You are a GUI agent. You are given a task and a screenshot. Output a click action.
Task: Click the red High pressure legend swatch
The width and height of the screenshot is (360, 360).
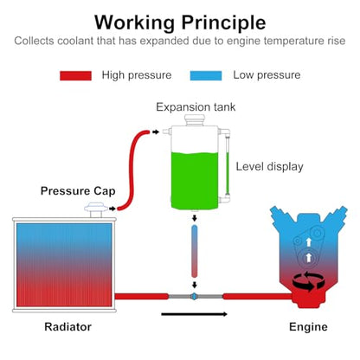pos(75,75)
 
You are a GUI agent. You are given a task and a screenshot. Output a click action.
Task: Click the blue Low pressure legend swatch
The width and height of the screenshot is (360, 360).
pos(206,75)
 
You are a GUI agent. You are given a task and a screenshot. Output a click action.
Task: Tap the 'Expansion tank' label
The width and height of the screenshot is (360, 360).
pos(196,107)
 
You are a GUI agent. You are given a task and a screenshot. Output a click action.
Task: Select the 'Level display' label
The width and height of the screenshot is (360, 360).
pos(270,167)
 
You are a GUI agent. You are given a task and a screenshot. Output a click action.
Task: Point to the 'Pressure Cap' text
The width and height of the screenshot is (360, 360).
pos(78,191)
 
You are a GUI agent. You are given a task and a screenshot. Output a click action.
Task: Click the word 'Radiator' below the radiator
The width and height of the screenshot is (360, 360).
pos(68,327)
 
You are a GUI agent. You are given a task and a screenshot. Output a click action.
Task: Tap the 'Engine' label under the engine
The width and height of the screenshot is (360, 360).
pos(308,327)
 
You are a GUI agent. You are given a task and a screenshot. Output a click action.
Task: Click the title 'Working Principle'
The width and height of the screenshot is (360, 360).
pos(180,22)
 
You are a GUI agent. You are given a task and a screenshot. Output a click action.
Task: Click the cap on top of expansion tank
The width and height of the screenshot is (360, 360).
pos(195,119)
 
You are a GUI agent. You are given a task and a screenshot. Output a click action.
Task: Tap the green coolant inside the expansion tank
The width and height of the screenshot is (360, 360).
pos(195,181)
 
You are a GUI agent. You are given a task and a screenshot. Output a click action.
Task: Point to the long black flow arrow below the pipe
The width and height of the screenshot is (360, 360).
pos(194,314)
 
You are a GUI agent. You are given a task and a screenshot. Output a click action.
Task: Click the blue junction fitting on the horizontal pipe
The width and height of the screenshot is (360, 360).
pos(195,296)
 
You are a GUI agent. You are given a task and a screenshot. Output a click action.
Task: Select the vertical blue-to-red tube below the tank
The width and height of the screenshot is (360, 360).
pos(195,251)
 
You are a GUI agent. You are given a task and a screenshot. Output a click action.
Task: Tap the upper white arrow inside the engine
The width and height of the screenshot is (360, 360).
pos(309,241)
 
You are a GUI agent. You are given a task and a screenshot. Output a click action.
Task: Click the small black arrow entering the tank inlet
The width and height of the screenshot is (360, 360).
pos(156,132)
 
